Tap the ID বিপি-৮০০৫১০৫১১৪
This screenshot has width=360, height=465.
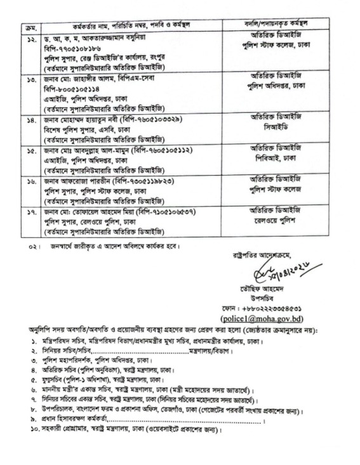[x=72, y=89]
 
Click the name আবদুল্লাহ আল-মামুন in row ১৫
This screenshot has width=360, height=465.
[x=98, y=150]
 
